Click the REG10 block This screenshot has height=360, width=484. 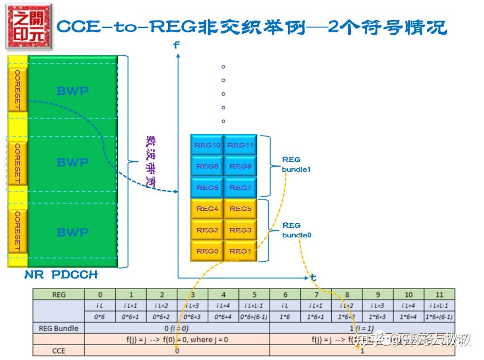point(207,145)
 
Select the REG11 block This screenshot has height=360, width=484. point(241,145)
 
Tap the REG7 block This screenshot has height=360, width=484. point(241,187)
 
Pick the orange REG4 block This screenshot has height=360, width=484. point(207,208)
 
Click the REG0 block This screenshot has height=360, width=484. point(207,251)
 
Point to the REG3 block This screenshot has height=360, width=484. point(241,230)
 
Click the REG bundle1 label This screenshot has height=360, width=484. point(296,165)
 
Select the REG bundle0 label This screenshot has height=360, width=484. point(296,230)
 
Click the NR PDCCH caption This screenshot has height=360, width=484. point(61,275)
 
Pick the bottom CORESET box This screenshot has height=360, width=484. point(17,231)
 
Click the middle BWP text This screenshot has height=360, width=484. point(73,162)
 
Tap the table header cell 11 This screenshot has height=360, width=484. point(439,295)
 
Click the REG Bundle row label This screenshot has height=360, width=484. point(59,328)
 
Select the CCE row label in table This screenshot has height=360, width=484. point(59,351)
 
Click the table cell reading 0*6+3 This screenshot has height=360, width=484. point(193,317)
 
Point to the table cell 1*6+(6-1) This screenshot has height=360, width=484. point(439,317)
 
